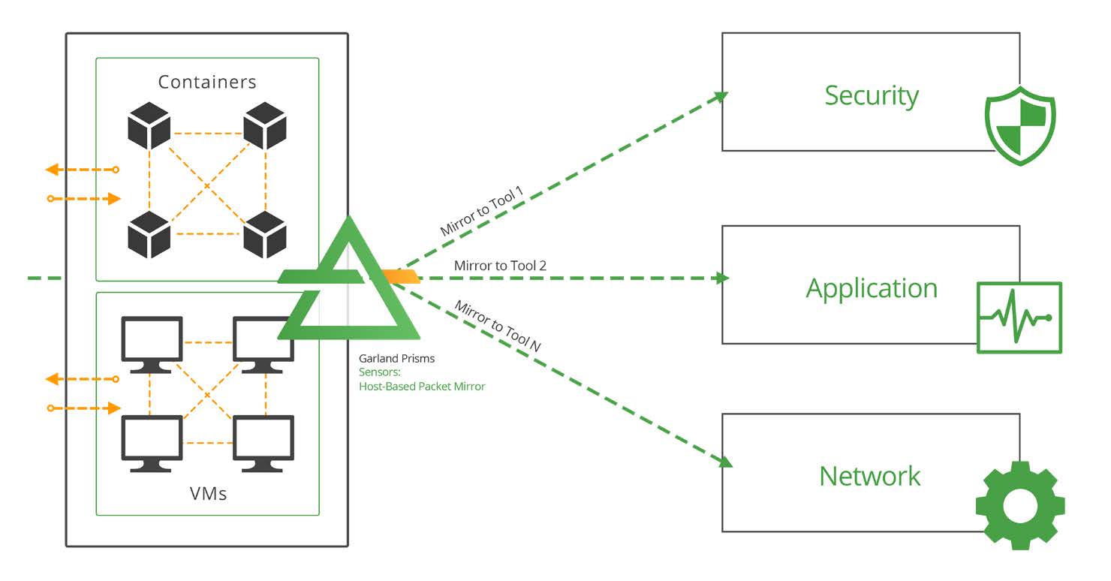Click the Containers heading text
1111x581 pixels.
pyautogui.click(x=207, y=82)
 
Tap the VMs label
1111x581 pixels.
pyautogui.click(x=208, y=494)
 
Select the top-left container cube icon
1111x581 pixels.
pyautogui.click(x=149, y=125)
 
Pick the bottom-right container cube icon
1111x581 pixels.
pyautogui.click(x=265, y=234)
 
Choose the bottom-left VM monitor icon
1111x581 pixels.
pyautogui.click(x=152, y=443)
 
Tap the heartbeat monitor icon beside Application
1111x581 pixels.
pyautogui.click(x=1019, y=318)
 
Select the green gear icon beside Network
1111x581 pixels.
pyautogui.click(x=1019, y=505)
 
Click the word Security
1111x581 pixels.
pyautogui.click(x=872, y=96)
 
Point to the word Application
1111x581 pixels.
pyautogui.click(x=872, y=288)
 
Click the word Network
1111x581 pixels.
pyautogui.click(x=870, y=476)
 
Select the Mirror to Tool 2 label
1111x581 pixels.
pyautogui.click(x=500, y=266)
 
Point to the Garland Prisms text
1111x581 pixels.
pyautogui.click(x=396, y=359)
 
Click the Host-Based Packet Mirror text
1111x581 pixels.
pyautogui.click(x=422, y=386)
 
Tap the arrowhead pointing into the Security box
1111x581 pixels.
pyautogui.click(x=721, y=96)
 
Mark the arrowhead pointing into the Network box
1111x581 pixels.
pyautogui.click(x=724, y=462)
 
